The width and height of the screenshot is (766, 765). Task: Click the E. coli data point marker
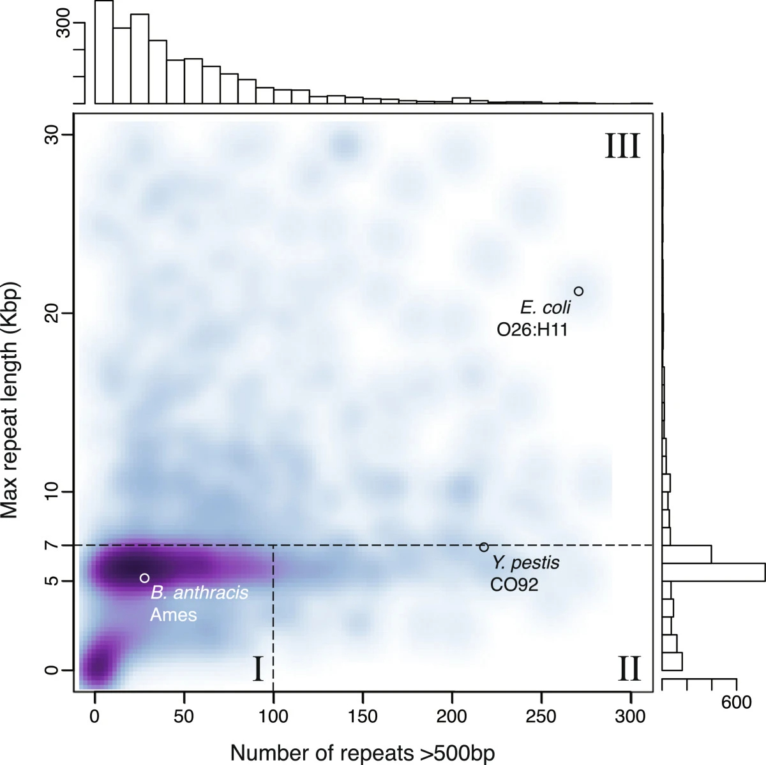pos(578,292)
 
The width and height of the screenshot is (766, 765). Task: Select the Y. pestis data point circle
pos(484,547)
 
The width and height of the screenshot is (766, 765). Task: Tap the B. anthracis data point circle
pos(144,578)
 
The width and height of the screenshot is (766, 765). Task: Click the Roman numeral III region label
pos(622,146)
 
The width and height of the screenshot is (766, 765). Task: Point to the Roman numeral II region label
pos(629,670)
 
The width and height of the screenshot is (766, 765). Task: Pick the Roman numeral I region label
pos(257,670)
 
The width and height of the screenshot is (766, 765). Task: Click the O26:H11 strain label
pos(532,329)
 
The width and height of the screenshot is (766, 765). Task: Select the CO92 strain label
pos(514,584)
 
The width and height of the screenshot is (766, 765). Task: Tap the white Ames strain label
pos(174,615)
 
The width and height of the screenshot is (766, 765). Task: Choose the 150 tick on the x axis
pos(363,716)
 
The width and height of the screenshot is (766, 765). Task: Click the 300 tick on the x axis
pos(631,716)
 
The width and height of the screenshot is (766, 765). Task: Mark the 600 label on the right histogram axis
pos(736,703)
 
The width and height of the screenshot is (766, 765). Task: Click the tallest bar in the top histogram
pos(104,52)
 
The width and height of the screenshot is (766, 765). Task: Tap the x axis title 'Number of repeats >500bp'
pos(362,752)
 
